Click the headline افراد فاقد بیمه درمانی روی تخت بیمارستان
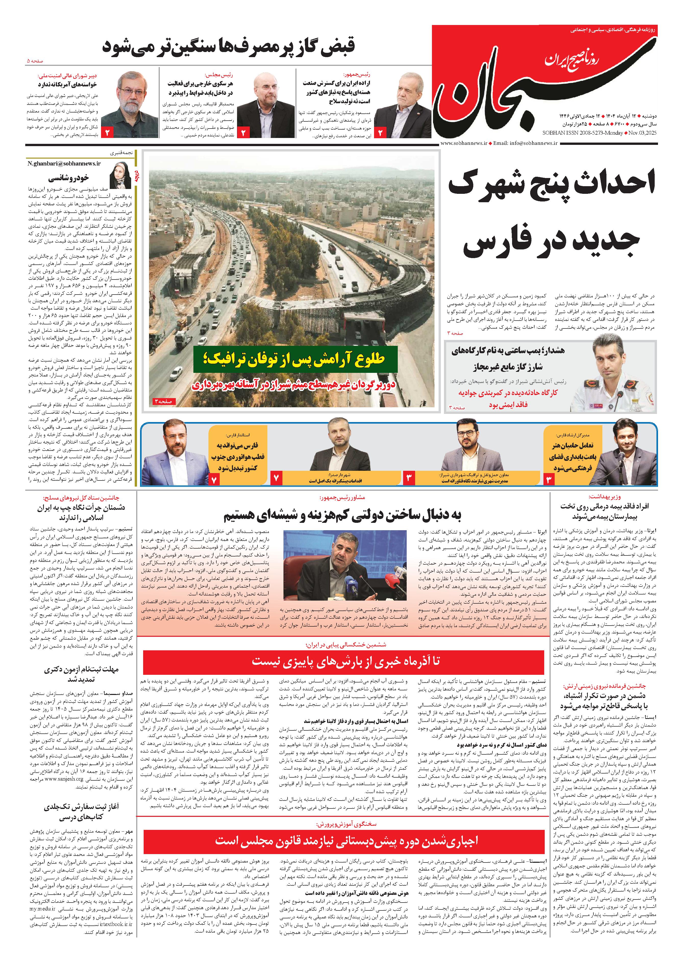click(x=604, y=511)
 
